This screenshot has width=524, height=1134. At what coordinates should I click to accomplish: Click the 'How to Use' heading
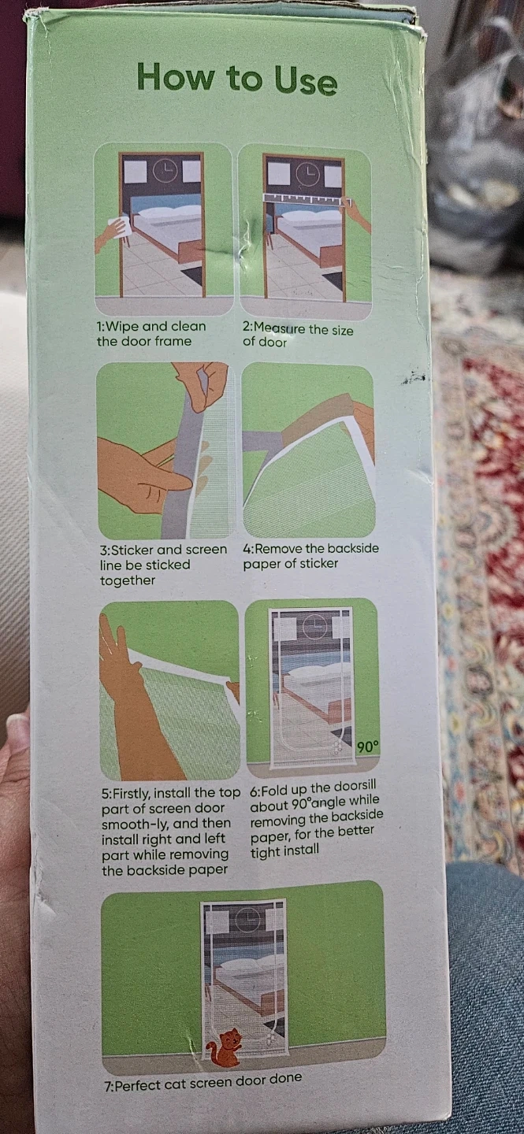[236, 79]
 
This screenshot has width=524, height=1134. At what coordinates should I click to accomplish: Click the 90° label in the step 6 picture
[368, 747]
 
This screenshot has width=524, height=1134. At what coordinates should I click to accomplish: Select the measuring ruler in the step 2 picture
[307, 198]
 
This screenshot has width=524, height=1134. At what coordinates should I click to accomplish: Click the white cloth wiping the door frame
[120, 228]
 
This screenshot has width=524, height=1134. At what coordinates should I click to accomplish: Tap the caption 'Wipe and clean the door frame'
[151, 334]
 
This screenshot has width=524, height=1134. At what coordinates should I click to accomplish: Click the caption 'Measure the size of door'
[298, 335]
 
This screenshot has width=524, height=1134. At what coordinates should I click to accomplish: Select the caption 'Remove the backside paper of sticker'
[310, 556]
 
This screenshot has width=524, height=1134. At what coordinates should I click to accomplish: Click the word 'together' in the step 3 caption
[127, 580]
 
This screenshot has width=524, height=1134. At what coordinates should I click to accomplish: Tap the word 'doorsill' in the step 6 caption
[354, 786]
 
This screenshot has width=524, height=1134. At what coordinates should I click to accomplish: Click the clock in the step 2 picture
[307, 173]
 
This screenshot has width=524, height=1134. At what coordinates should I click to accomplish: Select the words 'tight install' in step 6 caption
[284, 851]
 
